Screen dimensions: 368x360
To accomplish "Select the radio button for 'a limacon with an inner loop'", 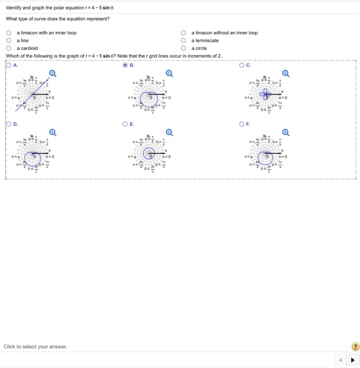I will (x=9, y=33).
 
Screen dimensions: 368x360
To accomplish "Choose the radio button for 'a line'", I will (x=9, y=40).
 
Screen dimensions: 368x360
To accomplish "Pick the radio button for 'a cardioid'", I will (x=9, y=48).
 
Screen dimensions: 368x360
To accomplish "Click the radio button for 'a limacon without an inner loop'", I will (x=184, y=33).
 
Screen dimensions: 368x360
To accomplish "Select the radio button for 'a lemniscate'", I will (x=184, y=40).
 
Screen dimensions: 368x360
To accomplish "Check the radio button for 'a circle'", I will (x=184, y=48).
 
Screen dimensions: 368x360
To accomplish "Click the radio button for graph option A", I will (x=9, y=66).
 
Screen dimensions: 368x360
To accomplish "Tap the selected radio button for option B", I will (x=125, y=66).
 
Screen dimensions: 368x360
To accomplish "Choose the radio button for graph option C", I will (x=242, y=66).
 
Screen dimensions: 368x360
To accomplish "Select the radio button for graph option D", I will (x=9, y=124).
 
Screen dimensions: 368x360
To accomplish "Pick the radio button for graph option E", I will (x=125, y=124).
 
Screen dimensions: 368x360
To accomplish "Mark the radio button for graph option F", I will (x=242, y=124).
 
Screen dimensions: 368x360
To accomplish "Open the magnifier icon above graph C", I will (x=285, y=74).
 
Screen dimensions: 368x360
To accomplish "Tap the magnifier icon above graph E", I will (x=169, y=132).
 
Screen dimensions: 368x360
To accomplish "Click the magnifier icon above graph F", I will (x=285, y=132).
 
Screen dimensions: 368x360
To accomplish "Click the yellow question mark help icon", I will (x=355, y=346).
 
